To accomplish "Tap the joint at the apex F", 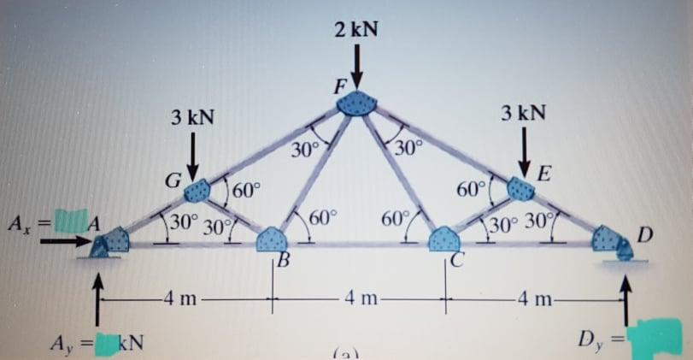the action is click(x=354, y=103).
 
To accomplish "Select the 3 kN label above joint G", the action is click(x=191, y=116).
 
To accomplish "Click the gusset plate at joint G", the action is click(x=199, y=189).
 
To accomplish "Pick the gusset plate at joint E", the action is click(x=520, y=188).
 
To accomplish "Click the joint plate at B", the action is click(x=273, y=240).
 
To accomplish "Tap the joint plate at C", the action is click(x=443, y=240).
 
